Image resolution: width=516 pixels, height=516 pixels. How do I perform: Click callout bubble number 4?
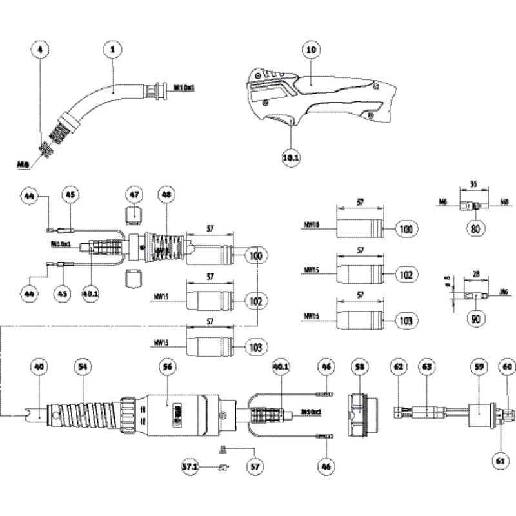pos(42,48)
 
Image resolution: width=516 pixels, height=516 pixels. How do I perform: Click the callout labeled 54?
pos(83,366)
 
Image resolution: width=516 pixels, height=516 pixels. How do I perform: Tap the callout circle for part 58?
pos(359,366)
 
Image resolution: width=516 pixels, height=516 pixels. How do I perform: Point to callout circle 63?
pos(426,366)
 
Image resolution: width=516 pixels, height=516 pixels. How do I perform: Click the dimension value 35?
pos(474,183)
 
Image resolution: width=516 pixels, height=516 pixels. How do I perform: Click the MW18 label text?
pos(311,226)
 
